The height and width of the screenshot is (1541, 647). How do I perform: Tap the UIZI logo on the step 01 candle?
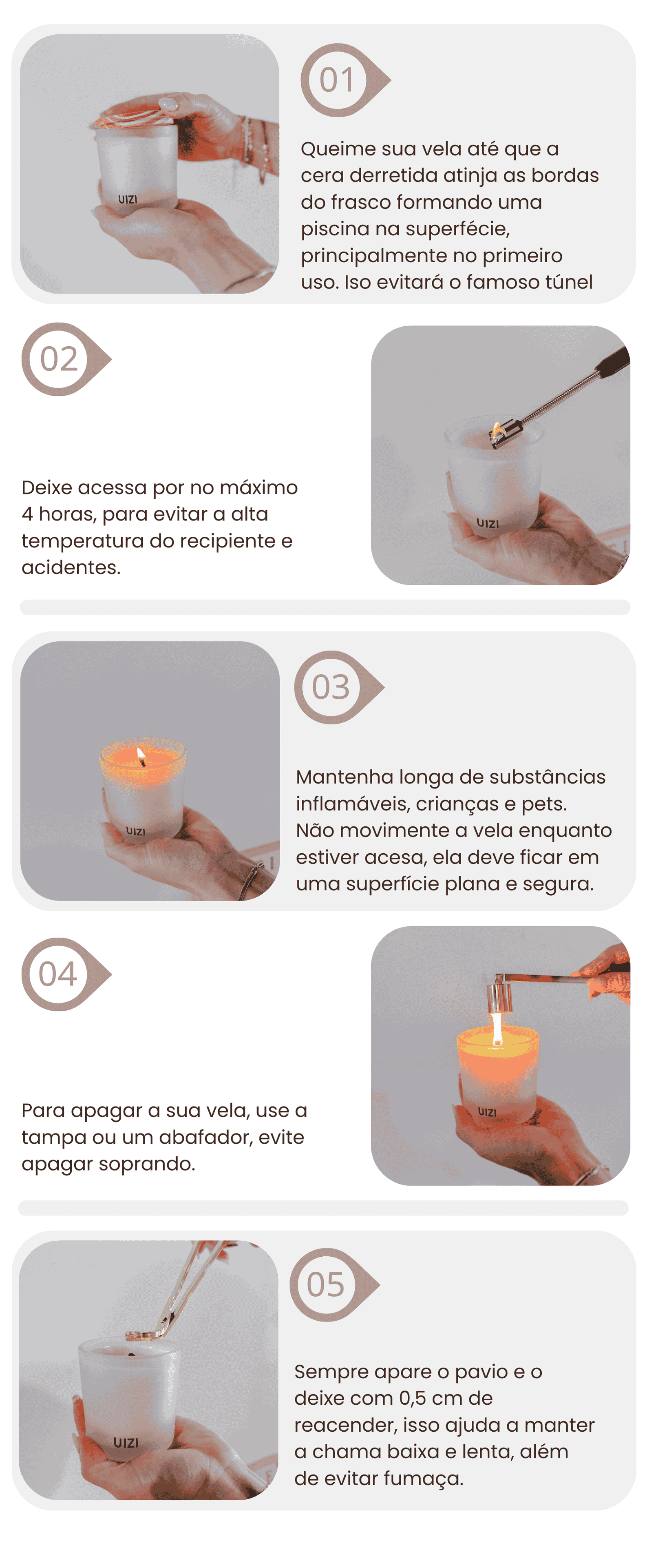(127, 199)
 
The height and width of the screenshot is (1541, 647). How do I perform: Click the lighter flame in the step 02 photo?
(496, 428)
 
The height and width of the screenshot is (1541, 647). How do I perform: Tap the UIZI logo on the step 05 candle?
(126, 1442)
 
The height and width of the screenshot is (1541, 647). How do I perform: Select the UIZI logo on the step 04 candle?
(487, 1112)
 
